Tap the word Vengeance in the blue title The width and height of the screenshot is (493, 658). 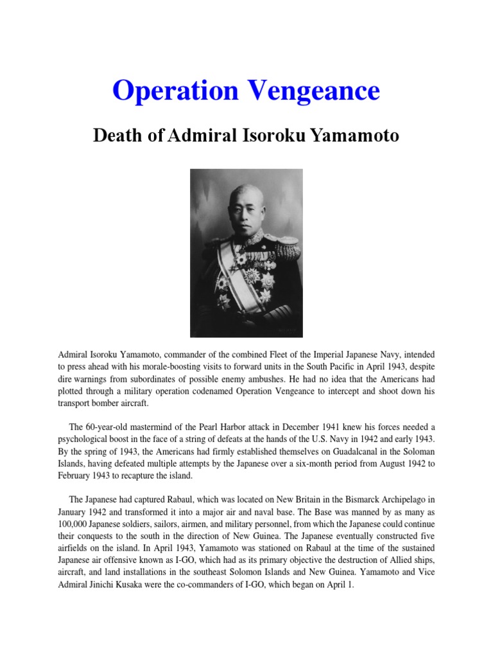[x=313, y=91]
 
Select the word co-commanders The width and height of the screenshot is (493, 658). [x=223, y=585]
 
